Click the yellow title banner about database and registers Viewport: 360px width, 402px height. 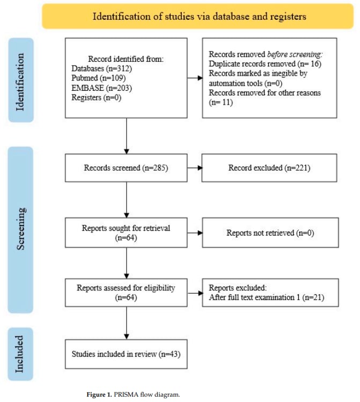(198, 16)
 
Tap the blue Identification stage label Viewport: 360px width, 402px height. (21, 80)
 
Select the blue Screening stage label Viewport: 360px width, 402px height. (20, 230)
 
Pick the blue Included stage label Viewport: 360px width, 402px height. (20, 354)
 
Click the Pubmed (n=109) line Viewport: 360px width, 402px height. (98, 78)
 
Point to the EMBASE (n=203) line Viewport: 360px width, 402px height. (101, 88)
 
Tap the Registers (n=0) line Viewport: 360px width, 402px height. (97, 98)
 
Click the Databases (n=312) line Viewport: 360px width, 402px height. (101, 69)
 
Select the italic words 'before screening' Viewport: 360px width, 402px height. (295, 54)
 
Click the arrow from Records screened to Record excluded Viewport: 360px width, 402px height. (195, 168)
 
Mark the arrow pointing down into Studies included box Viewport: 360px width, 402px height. (126, 323)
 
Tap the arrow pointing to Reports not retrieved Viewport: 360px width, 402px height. (195, 233)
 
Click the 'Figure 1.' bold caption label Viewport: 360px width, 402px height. (99, 394)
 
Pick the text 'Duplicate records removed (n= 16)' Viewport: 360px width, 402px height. (265, 64)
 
